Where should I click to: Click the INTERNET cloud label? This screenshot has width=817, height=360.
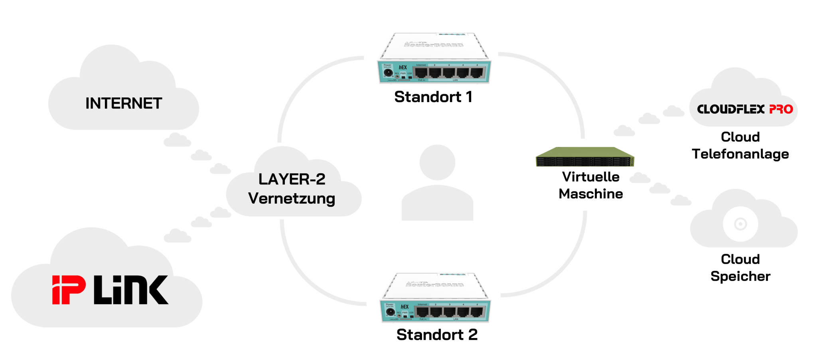tap(124, 103)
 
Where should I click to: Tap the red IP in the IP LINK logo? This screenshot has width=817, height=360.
tap(69, 290)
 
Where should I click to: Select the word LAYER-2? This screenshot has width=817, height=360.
tap(292, 179)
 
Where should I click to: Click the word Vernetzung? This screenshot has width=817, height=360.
tap(292, 198)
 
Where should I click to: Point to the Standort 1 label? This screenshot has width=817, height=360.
tap(433, 97)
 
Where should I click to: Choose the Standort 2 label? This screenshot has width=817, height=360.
tap(437, 335)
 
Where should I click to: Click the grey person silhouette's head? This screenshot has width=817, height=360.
tap(438, 162)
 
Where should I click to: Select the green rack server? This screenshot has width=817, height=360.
tap(585, 157)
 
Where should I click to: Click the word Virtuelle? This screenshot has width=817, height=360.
tap(591, 177)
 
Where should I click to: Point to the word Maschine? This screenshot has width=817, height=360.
tap(591, 194)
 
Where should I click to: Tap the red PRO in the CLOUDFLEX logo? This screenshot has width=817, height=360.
tap(781, 109)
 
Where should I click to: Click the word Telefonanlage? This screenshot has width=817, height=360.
tap(740, 154)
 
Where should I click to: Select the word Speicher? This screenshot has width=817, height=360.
tap(740, 276)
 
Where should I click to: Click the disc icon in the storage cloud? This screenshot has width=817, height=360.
tap(740, 224)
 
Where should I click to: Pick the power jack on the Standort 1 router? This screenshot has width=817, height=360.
tap(388, 73)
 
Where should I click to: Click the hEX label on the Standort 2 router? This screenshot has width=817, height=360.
tap(405, 307)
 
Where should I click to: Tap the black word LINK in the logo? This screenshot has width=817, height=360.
tap(131, 290)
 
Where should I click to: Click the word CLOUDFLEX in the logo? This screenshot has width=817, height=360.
tap(731, 109)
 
